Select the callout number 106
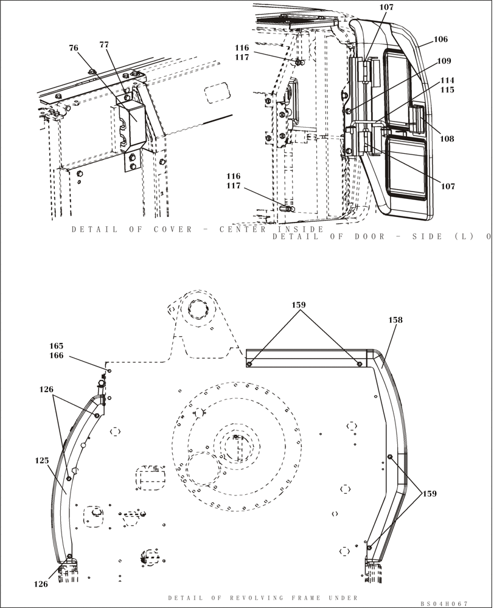click(x=440, y=40)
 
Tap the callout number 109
click(x=444, y=61)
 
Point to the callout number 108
click(x=447, y=139)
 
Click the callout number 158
click(x=395, y=320)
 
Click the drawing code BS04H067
click(x=444, y=603)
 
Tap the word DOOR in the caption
click(x=369, y=237)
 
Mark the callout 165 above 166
click(x=74, y=345)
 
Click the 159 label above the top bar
click(x=298, y=305)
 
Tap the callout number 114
click(x=447, y=80)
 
